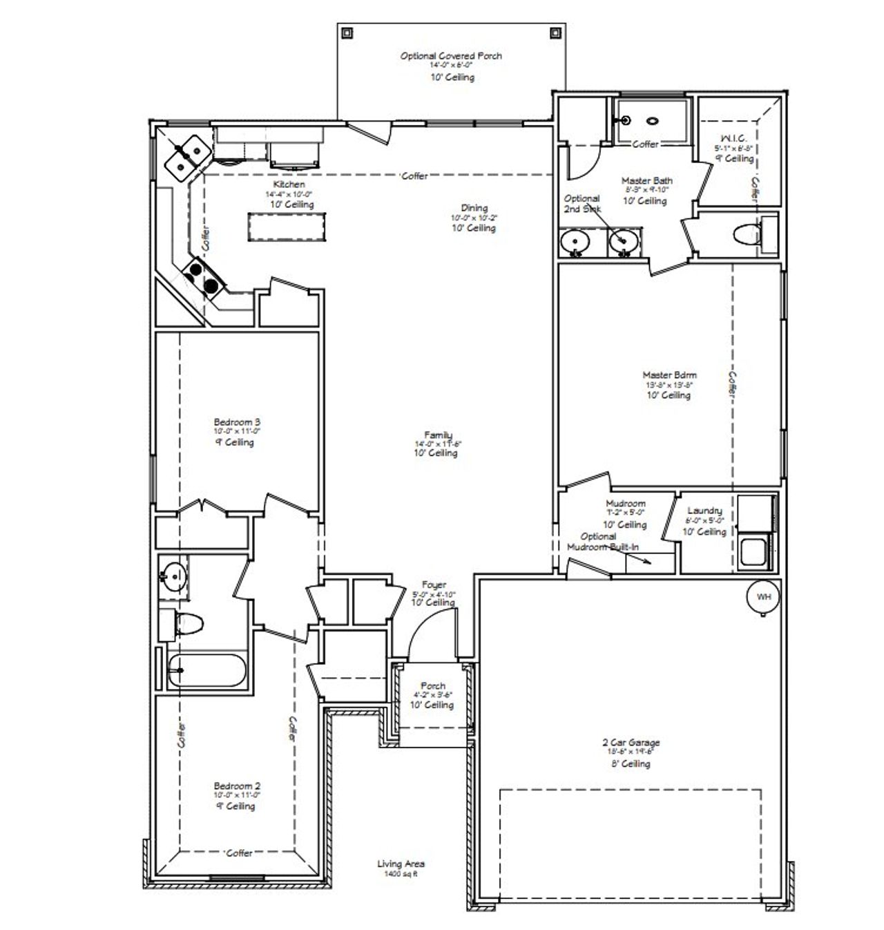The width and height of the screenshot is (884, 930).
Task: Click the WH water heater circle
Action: (x=763, y=597)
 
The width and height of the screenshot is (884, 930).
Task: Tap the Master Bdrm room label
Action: (x=669, y=376)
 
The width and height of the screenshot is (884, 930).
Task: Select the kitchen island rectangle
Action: (x=287, y=227)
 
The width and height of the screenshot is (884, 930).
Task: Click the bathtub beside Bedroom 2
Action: (x=206, y=670)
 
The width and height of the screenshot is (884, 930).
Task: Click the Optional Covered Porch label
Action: (x=451, y=56)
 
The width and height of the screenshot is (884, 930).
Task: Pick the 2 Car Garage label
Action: (x=630, y=743)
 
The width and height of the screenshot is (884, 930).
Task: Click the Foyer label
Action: (x=434, y=585)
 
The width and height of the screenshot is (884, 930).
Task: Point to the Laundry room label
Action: (x=704, y=511)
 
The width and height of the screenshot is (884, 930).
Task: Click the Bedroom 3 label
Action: (x=237, y=422)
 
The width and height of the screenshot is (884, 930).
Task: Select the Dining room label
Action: (x=474, y=208)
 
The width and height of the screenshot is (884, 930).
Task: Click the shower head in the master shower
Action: (x=626, y=120)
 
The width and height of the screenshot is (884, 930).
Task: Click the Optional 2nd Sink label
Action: (x=582, y=204)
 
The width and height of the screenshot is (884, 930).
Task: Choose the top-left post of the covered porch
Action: (x=347, y=32)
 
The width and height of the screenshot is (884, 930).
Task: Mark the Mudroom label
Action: (x=626, y=504)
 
